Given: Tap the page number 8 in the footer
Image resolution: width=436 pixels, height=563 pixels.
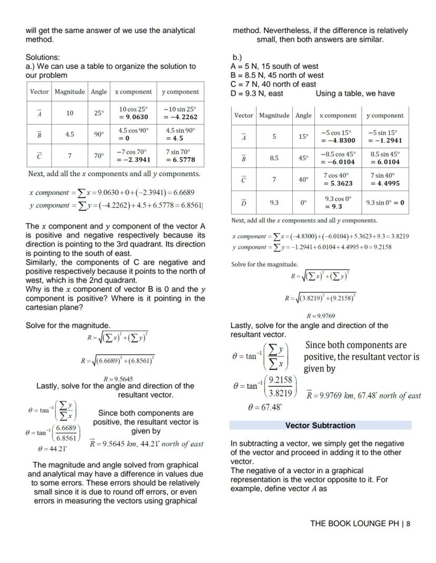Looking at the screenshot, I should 408,524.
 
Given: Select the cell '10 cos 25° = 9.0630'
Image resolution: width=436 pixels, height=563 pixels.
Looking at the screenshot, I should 133,113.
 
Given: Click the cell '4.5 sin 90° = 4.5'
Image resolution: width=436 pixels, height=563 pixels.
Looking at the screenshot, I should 180,134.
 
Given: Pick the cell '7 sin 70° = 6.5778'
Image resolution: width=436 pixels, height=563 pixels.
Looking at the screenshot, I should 180,156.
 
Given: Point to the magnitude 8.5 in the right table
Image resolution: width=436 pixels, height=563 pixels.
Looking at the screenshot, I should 274,158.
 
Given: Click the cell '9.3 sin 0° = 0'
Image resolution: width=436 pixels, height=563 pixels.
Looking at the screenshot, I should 385,202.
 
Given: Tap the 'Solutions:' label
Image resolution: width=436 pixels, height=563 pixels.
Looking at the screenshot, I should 43,57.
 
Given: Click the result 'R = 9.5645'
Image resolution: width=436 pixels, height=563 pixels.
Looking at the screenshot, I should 118,378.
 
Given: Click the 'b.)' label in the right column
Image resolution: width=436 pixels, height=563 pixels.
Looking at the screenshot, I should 237,57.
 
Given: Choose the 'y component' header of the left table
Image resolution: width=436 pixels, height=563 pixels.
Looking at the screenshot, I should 180,91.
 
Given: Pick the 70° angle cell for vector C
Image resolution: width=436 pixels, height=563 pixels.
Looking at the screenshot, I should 98,156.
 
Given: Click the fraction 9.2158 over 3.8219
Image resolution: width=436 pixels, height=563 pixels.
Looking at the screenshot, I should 281,386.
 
